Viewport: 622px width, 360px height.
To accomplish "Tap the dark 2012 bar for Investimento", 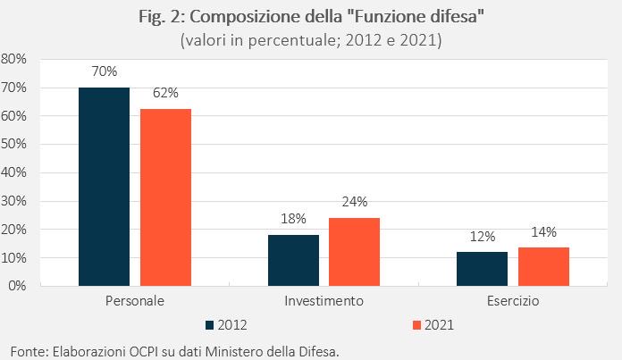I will (293, 260).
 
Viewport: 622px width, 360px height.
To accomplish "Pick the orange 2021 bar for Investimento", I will (354, 251).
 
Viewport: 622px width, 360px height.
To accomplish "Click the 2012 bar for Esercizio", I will (482, 268).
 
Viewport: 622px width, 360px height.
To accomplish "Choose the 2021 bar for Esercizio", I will (543, 266).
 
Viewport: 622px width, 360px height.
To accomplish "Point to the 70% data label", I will (104, 71).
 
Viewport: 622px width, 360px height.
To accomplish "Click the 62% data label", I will (165, 93).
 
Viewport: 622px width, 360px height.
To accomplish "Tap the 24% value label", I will (354, 202).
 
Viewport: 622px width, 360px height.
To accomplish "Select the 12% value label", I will (482, 236).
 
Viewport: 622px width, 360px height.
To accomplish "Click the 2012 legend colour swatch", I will (211, 324).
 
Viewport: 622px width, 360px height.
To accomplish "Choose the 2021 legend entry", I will (433, 324).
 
